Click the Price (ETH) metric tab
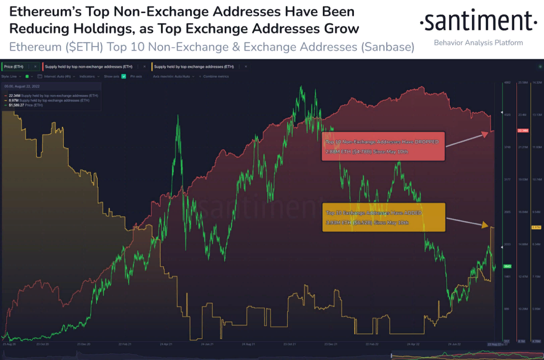(x=14, y=67)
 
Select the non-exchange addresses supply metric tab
(x=88, y=67)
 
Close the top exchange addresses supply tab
(x=246, y=67)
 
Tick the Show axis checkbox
(x=124, y=77)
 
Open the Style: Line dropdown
(x=11, y=77)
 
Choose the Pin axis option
(x=136, y=77)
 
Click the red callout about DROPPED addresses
(x=383, y=146)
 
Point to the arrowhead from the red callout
(x=485, y=134)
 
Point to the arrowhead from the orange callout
(x=485, y=225)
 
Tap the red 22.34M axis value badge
(x=523, y=131)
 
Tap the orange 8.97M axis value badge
(x=536, y=227)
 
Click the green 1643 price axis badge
(x=507, y=266)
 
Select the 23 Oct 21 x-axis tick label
(x=289, y=344)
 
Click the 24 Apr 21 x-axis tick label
(x=166, y=344)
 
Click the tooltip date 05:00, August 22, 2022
(x=22, y=86)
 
